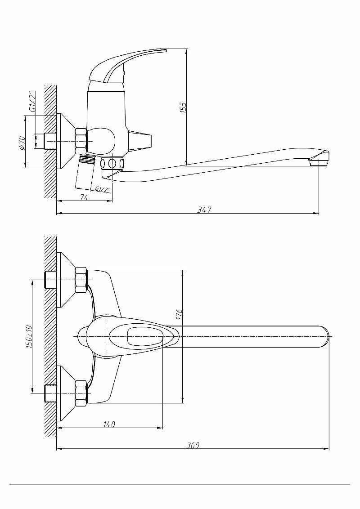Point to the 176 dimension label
(179, 314)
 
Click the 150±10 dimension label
(29, 336)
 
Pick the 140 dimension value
(109, 424)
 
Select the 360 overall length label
(193, 445)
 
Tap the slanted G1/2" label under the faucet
(102, 189)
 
